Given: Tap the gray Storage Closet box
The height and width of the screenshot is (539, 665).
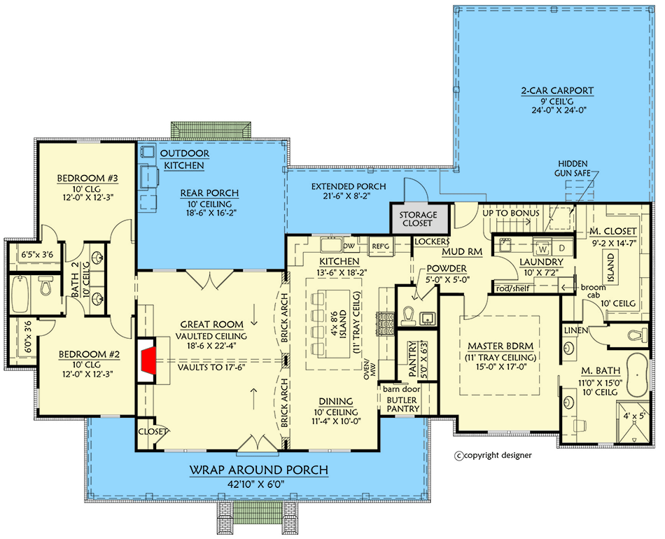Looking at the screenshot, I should pyautogui.click(x=419, y=219).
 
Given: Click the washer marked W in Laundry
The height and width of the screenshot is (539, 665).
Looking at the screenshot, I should pyautogui.click(x=542, y=247).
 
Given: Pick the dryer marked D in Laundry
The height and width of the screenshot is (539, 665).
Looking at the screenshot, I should pyautogui.click(x=561, y=247).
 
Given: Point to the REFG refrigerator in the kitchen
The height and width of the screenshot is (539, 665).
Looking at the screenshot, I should pyautogui.click(x=380, y=246).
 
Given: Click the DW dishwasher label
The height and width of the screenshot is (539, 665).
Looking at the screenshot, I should pyautogui.click(x=349, y=246).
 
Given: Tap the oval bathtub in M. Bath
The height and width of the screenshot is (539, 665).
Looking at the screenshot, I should pyautogui.click(x=638, y=370).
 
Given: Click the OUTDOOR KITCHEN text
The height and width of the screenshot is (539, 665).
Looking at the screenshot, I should pyautogui.click(x=183, y=159).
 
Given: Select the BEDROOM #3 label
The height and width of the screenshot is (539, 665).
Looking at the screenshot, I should pyautogui.click(x=87, y=178).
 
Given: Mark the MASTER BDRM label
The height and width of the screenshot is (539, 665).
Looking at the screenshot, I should pyautogui.click(x=499, y=346).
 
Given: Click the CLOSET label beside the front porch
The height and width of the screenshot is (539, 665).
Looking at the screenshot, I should pyautogui.click(x=153, y=432).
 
